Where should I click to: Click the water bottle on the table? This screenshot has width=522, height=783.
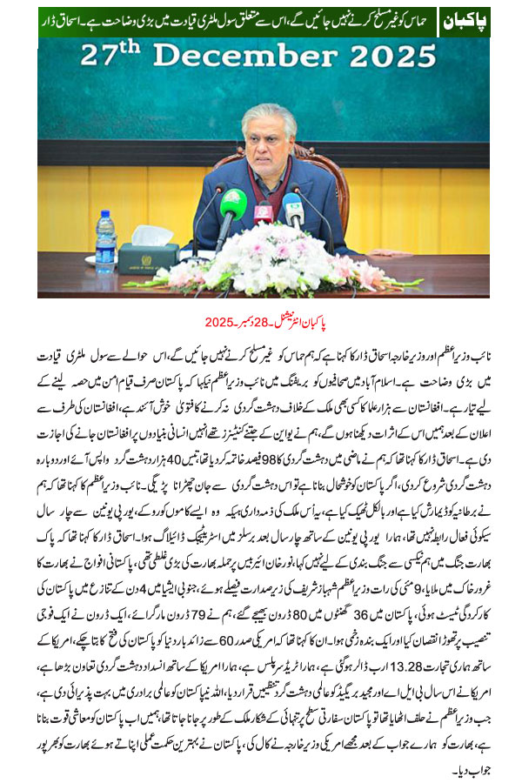[106, 237]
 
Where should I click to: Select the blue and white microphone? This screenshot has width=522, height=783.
[292, 209]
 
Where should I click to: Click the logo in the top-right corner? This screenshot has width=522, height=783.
[465, 19]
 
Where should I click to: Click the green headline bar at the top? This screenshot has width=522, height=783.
[226, 19]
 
